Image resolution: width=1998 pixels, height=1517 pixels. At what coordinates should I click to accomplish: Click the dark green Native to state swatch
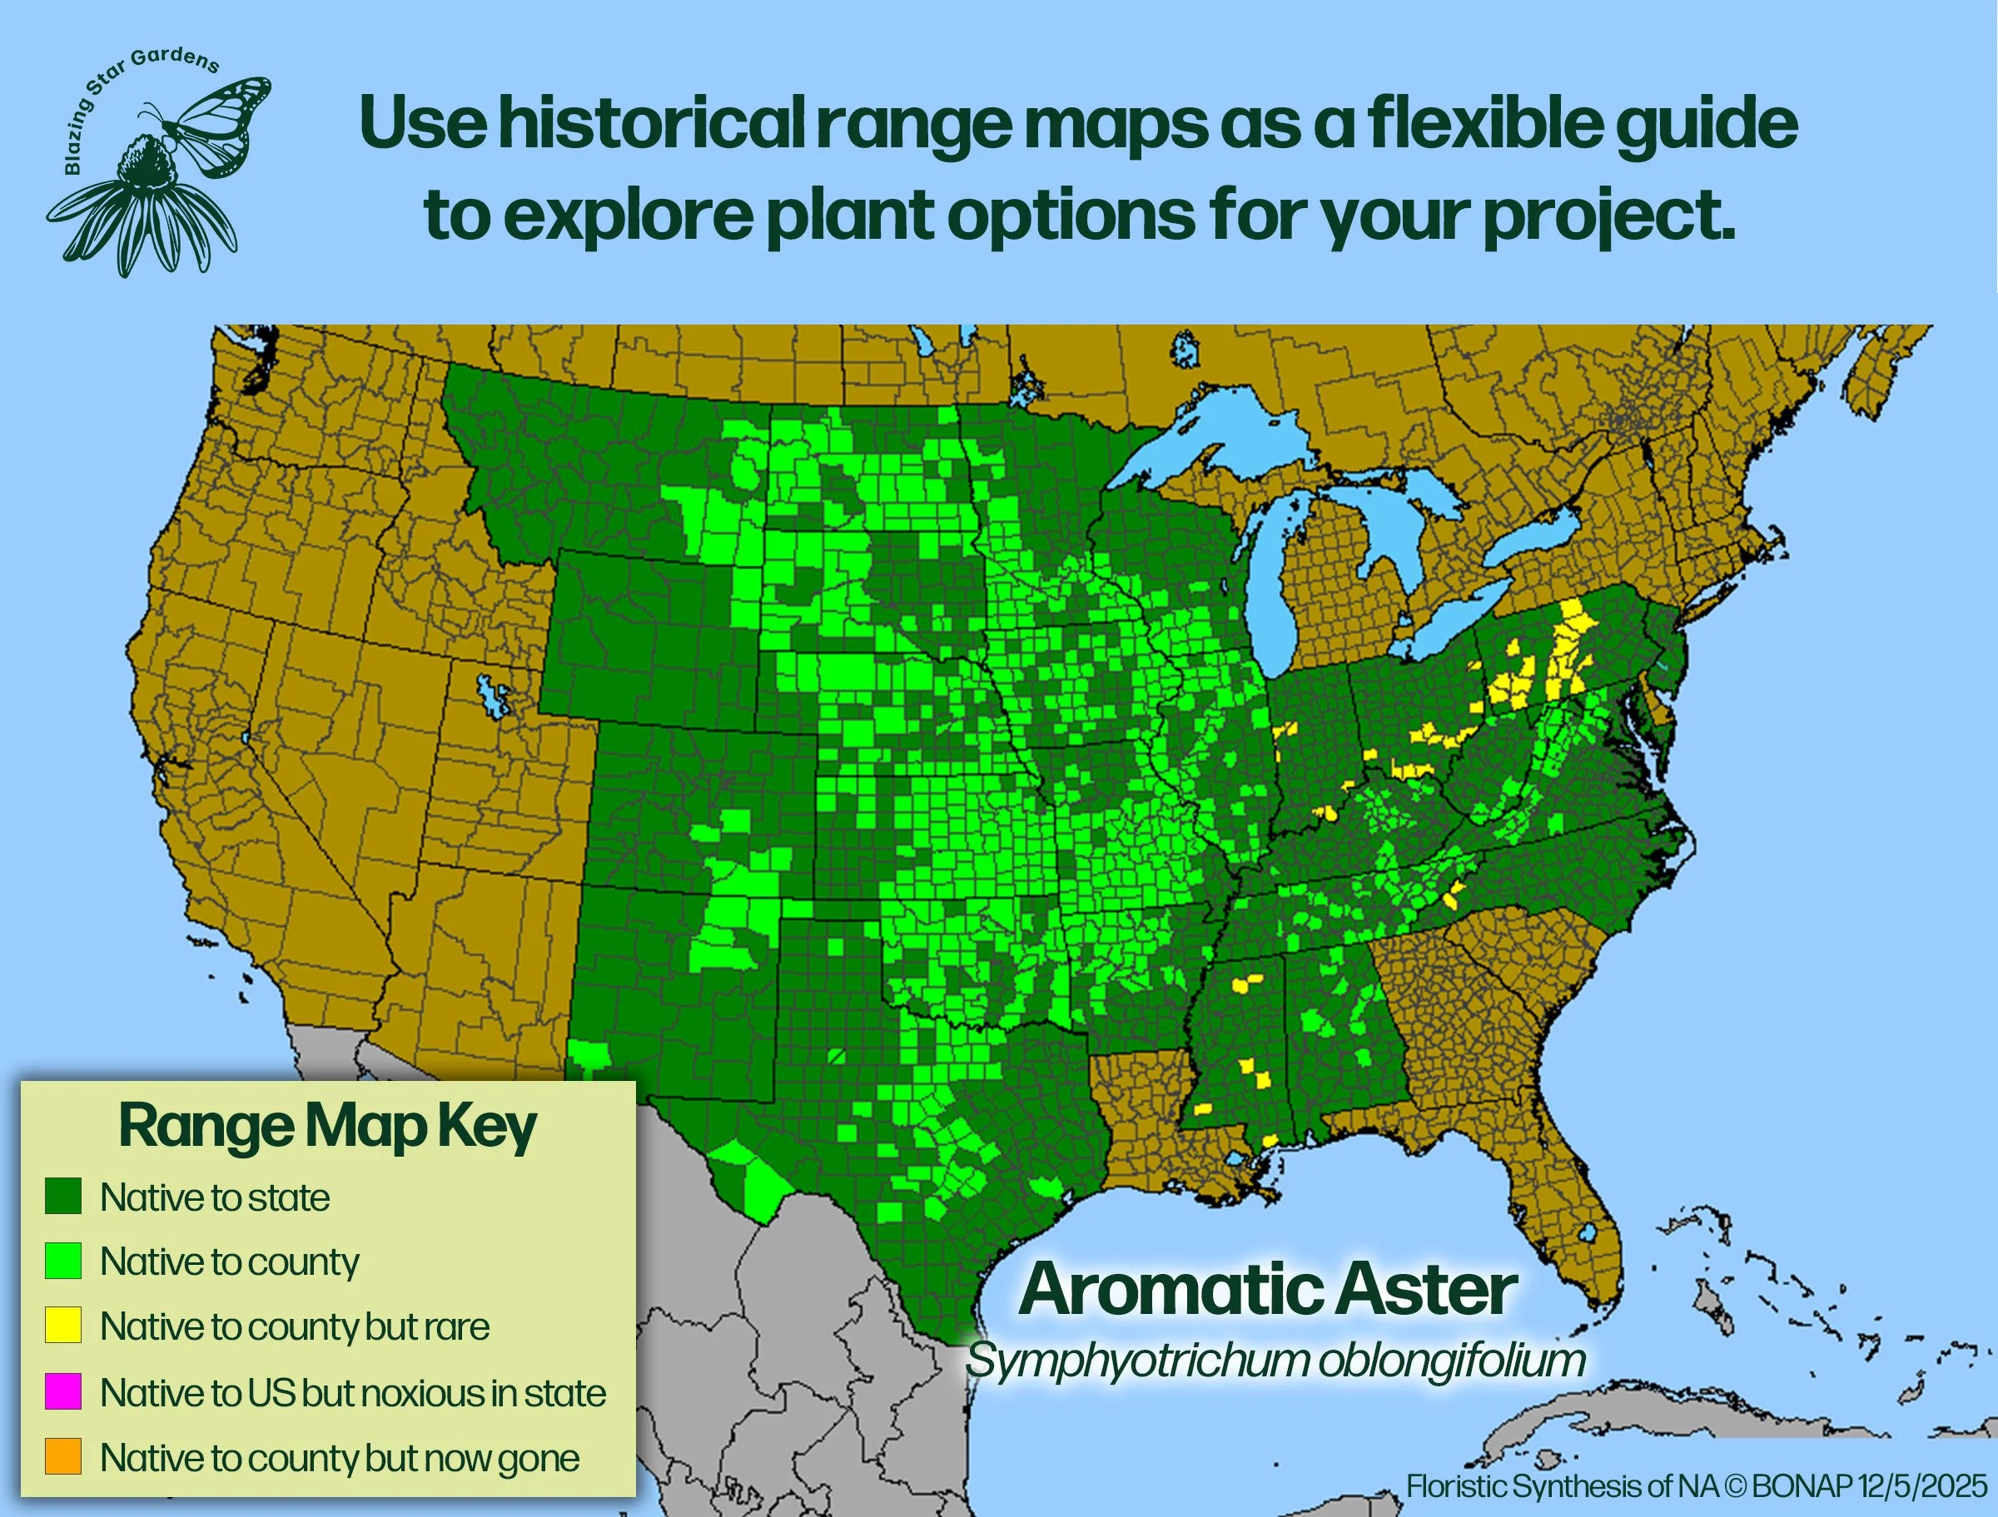tap(63, 1197)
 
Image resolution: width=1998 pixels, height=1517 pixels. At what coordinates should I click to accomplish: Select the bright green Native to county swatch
tap(63, 1261)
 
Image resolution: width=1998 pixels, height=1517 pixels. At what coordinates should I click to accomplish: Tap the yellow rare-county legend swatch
tap(63, 1326)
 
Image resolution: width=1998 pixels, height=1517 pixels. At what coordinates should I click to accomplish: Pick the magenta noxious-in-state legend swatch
tap(63, 1391)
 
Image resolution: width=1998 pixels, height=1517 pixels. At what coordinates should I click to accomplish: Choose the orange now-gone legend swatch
tap(63, 1456)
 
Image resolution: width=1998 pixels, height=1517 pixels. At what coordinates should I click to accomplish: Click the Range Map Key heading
tap(327, 1127)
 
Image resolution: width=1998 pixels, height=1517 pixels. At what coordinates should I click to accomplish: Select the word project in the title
tap(1608, 216)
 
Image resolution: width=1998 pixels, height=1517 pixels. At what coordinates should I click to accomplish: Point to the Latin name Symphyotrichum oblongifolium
tap(1275, 1360)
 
